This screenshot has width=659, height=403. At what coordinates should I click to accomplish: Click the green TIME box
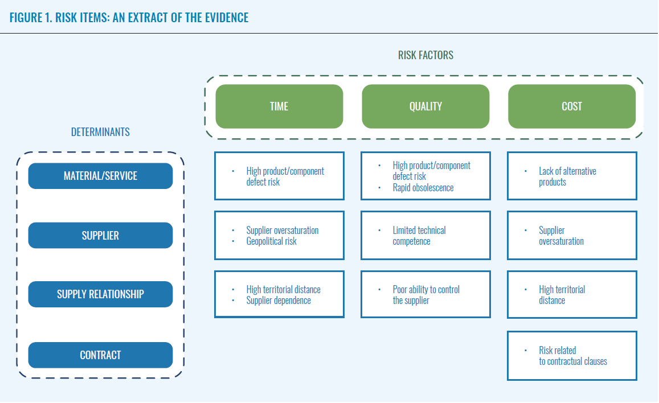279,106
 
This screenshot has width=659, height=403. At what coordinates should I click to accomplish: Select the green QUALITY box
425,106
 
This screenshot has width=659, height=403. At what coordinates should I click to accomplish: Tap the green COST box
572,106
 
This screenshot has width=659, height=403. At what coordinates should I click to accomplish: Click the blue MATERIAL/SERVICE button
100,176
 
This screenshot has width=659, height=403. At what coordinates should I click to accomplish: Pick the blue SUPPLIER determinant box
100,236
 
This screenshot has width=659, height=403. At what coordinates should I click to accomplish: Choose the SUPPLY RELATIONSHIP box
100,294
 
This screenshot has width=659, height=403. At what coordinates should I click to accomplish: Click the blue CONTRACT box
100,355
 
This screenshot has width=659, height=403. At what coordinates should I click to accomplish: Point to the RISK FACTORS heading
425,55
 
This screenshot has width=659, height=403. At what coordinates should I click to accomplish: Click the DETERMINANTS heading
100,132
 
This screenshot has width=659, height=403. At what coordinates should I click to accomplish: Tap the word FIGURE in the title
26,18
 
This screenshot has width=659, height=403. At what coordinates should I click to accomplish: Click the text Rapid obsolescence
423,188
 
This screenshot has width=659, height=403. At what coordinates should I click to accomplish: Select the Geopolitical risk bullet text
271,241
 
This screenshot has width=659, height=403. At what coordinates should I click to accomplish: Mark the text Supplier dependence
279,301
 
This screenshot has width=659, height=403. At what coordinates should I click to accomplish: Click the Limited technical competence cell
425,236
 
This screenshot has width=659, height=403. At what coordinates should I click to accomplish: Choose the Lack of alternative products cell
572,176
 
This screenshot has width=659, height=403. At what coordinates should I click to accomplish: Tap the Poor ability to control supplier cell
425,295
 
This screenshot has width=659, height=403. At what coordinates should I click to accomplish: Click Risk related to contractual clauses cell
572,356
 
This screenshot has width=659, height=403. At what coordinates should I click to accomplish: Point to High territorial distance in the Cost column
572,295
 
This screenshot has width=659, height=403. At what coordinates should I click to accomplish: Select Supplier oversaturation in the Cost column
572,236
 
